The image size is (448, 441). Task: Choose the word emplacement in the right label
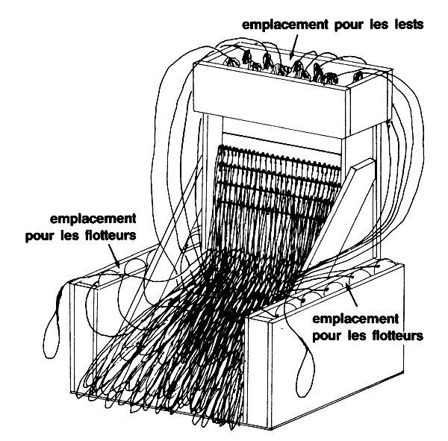pos(356,319)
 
